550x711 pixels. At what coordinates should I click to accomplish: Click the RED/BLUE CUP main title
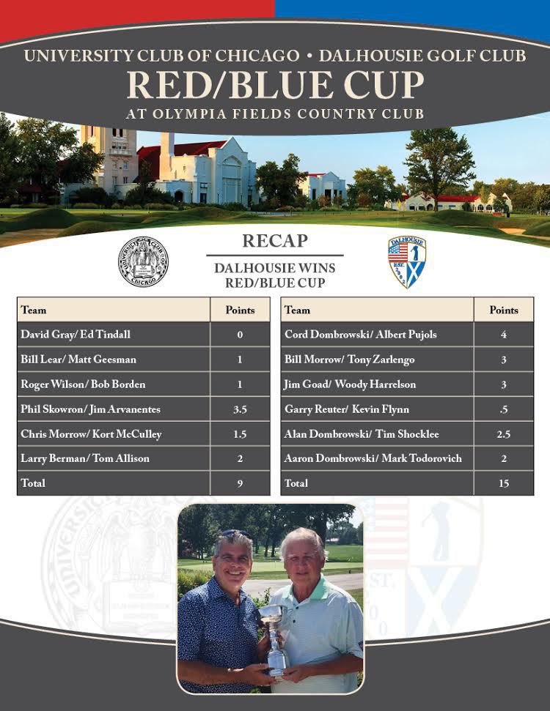[275, 86]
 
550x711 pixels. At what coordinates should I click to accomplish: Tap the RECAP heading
[274, 241]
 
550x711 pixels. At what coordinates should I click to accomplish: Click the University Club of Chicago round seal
[143, 261]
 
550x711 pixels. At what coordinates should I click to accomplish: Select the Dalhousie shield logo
[407, 261]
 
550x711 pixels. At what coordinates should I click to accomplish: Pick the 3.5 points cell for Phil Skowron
[240, 409]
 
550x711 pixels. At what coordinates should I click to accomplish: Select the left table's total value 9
[240, 483]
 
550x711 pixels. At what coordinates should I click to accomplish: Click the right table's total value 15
[503, 483]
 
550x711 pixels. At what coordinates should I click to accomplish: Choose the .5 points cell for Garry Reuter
[503, 409]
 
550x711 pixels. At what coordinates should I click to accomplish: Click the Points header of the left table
[240, 310]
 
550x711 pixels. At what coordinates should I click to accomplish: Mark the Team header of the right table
[298, 310]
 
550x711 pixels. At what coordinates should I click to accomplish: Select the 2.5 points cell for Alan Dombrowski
[503, 434]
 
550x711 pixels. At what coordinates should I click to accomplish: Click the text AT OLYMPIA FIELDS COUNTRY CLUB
[275, 114]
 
